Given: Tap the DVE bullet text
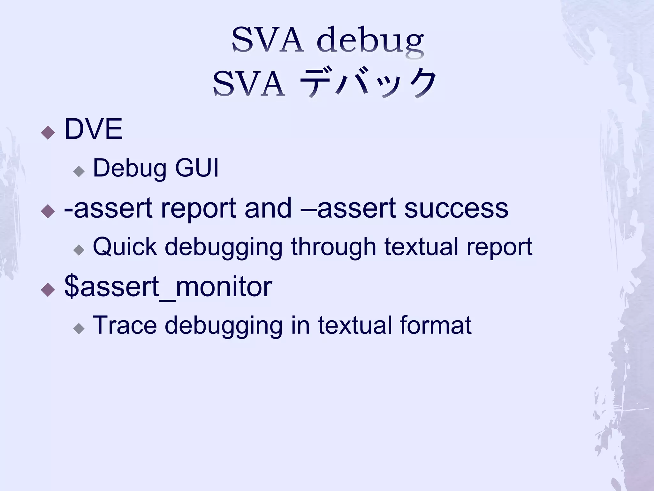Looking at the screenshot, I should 93,129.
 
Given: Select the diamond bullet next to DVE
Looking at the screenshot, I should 48,132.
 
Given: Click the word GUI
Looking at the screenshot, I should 197,168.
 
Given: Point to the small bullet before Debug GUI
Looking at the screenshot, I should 79,171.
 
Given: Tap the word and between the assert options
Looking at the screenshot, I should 268,208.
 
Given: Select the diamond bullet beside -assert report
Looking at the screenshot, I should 48,211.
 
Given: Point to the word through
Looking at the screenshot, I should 334,247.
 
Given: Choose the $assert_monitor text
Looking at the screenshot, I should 168,286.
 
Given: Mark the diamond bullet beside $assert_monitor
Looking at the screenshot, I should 48,289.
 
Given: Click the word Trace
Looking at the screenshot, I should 125,325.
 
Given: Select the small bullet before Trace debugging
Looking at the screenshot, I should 79,328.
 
